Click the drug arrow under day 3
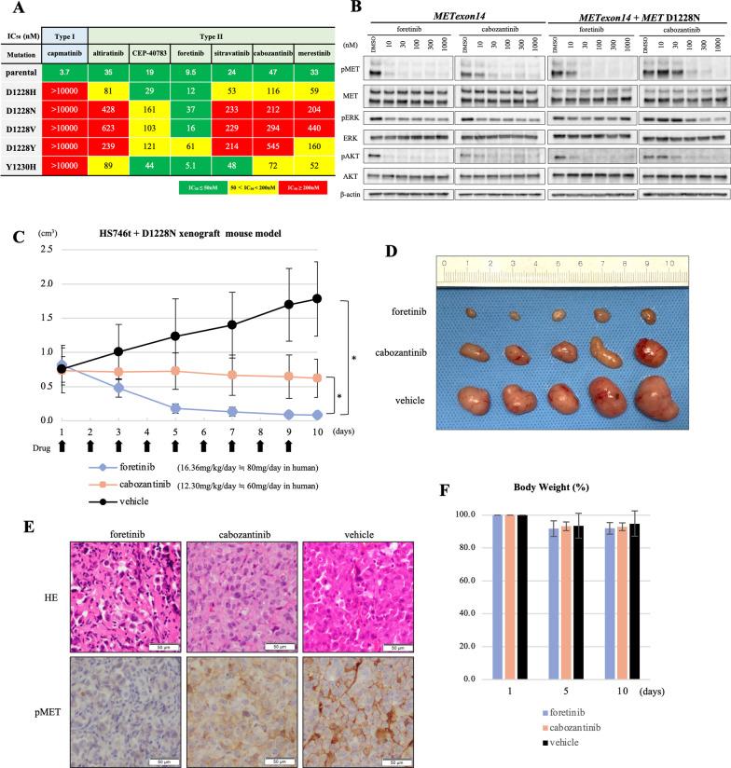click(118, 446)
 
